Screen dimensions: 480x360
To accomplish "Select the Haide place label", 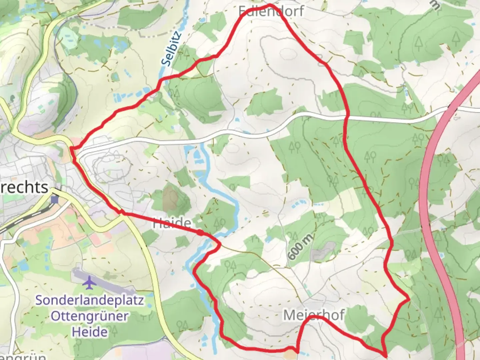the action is [x=172, y=223].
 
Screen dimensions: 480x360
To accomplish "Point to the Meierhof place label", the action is [x=314, y=315].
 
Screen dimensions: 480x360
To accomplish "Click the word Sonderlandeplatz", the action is [x=90, y=300].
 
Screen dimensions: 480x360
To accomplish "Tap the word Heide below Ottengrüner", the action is [x=90, y=332].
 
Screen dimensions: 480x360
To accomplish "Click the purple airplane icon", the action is [x=89, y=283].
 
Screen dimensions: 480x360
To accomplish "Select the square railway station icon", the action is [x=55, y=200].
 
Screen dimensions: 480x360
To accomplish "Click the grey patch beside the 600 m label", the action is [x=322, y=251].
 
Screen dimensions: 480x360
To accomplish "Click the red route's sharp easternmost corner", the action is [x=409, y=299].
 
